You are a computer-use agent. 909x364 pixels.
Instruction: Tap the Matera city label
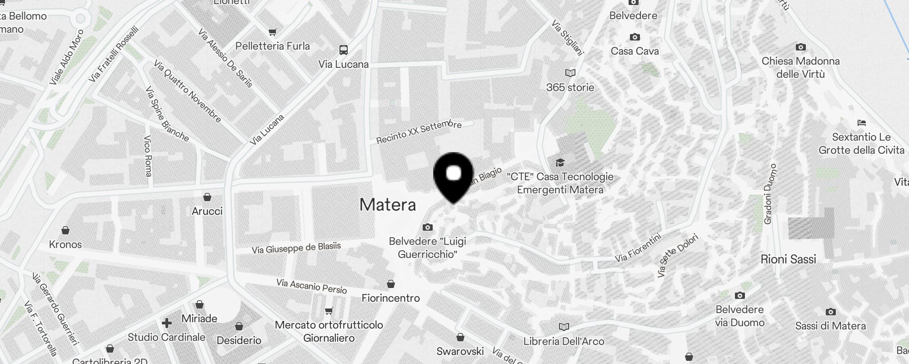click(x=388, y=205)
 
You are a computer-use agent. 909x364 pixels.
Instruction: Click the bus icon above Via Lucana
click(x=344, y=50)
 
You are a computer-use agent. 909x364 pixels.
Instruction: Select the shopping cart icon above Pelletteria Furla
click(x=273, y=32)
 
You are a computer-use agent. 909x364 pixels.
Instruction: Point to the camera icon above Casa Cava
click(x=635, y=37)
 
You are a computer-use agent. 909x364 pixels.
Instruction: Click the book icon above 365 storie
click(x=570, y=73)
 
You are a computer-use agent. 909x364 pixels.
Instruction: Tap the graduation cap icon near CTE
click(x=560, y=162)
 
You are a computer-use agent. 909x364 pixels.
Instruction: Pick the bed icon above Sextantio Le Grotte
click(x=861, y=123)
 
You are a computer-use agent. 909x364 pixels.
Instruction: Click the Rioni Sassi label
click(x=788, y=259)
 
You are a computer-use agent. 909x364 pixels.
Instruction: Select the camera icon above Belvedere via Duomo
click(x=740, y=296)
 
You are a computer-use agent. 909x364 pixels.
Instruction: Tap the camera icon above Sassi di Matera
click(x=831, y=312)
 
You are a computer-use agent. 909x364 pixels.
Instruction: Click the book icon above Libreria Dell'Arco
click(x=564, y=327)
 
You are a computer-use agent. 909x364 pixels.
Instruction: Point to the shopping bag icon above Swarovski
click(x=460, y=337)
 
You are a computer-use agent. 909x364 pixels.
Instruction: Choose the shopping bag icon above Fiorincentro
click(x=391, y=284)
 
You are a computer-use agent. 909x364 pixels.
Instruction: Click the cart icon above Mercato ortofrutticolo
click(x=329, y=311)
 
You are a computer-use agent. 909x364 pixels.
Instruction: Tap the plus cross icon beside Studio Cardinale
click(x=167, y=323)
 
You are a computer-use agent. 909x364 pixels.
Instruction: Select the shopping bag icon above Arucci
click(x=207, y=197)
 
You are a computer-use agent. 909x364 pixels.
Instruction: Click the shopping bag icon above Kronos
click(x=65, y=230)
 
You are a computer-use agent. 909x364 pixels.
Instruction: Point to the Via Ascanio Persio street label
click(x=312, y=286)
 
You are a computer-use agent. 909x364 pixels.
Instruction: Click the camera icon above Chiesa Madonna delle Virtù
click(x=801, y=47)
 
